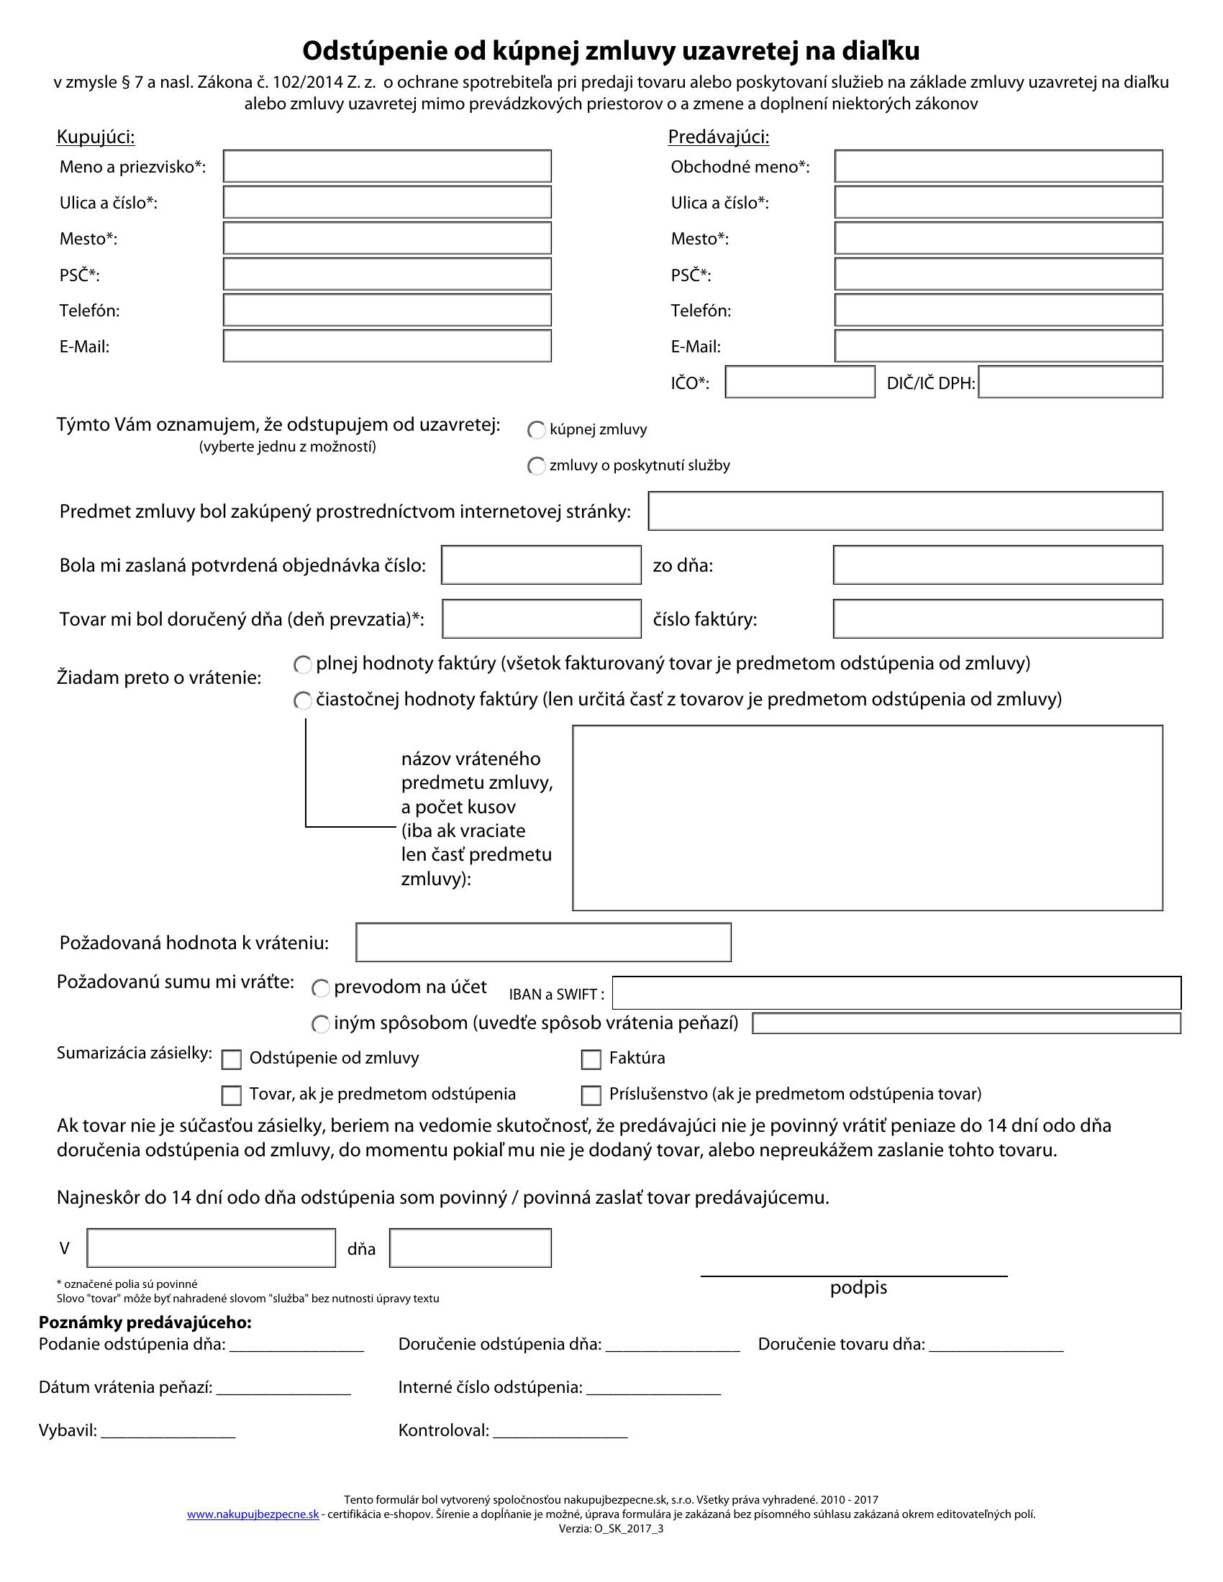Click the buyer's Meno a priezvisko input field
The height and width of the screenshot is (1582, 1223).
pyautogui.click(x=387, y=166)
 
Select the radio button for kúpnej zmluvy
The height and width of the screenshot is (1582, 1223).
pyautogui.click(x=536, y=430)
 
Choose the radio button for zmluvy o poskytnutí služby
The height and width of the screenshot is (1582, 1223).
pyautogui.click(x=536, y=466)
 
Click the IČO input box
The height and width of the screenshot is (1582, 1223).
pyautogui.click(x=800, y=382)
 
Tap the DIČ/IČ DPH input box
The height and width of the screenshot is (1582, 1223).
pyautogui.click(x=1070, y=382)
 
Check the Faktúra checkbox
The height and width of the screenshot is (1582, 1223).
pyautogui.click(x=591, y=1060)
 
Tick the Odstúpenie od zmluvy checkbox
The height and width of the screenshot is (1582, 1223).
pyautogui.click(x=231, y=1060)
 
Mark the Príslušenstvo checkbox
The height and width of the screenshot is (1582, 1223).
pyautogui.click(x=591, y=1095)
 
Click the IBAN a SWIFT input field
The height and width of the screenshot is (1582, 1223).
pyautogui.click(x=896, y=992)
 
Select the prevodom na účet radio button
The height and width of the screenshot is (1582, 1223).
pyautogui.click(x=320, y=988)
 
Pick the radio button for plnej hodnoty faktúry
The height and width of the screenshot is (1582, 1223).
pyautogui.click(x=302, y=664)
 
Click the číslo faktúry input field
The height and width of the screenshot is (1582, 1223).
pyautogui.click(x=998, y=618)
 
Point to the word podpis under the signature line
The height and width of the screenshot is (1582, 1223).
pyautogui.click(x=858, y=1287)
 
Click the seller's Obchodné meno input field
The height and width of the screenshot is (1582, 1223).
pyautogui.click(x=999, y=166)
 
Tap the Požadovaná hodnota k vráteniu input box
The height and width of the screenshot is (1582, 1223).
pyautogui.click(x=543, y=942)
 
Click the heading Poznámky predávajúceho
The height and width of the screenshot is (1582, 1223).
pyautogui.click(x=145, y=1322)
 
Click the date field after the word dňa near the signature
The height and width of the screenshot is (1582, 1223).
pyautogui.click(x=470, y=1248)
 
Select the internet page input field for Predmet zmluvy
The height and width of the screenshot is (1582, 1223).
pyautogui.click(x=905, y=511)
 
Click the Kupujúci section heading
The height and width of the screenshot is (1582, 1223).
pyautogui.click(x=96, y=137)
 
